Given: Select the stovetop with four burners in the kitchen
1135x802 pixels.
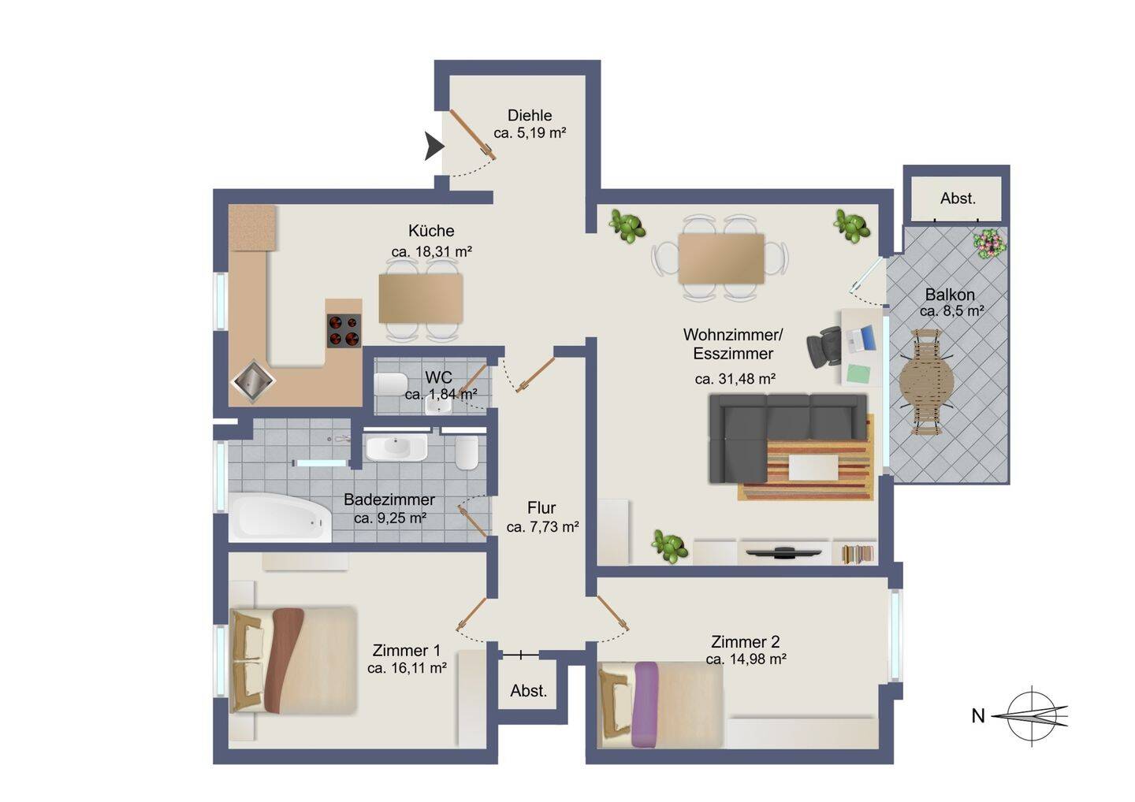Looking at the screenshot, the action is (x=344, y=331).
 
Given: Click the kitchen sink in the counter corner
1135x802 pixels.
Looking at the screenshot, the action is (x=253, y=381).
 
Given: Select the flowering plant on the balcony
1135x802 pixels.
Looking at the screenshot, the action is (x=989, y=243).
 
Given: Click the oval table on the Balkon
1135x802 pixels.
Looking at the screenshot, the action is (x=926, y=382).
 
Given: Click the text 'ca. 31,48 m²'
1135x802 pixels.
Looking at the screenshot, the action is (x=735, y=379).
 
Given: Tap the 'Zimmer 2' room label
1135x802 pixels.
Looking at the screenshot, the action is (x=745, y=641).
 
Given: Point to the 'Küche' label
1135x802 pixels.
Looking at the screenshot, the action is (x=431, y=231).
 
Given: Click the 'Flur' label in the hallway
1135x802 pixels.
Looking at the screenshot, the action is (x=541, y=508).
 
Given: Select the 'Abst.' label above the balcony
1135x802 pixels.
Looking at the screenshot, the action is (x=958, y=199).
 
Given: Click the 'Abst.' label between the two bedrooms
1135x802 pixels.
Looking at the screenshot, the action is (x=528, y=691).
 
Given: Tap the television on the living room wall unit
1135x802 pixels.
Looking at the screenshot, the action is (x=783, y=551).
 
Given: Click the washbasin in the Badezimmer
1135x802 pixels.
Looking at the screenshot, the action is (x=396, y=448).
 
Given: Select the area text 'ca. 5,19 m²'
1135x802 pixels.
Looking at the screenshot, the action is (x=530, y=133).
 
